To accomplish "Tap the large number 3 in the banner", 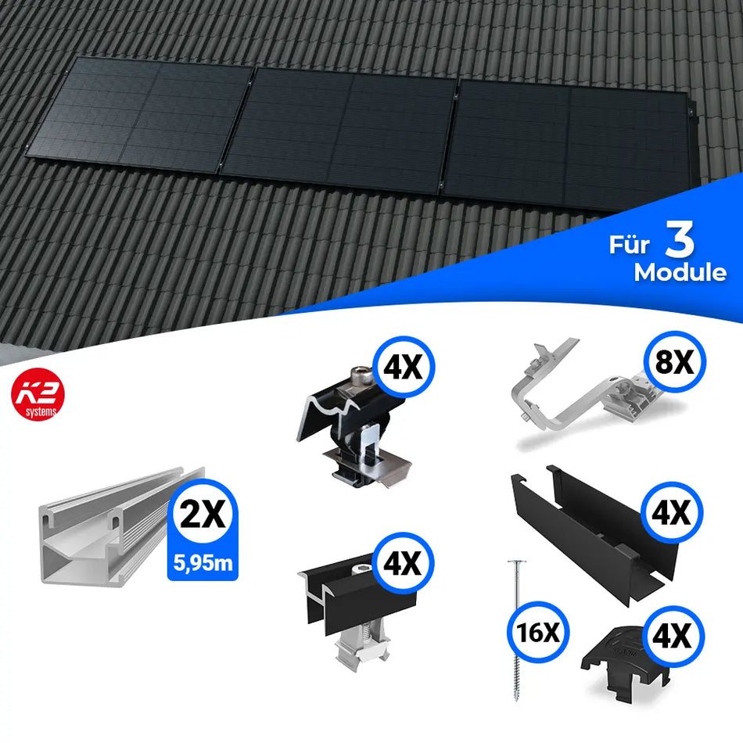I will (x=680, y=242).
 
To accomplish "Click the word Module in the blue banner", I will (x=680, y=273).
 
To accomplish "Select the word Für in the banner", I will (x=630, y=246).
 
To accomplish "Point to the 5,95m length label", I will (x=202, y=563).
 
